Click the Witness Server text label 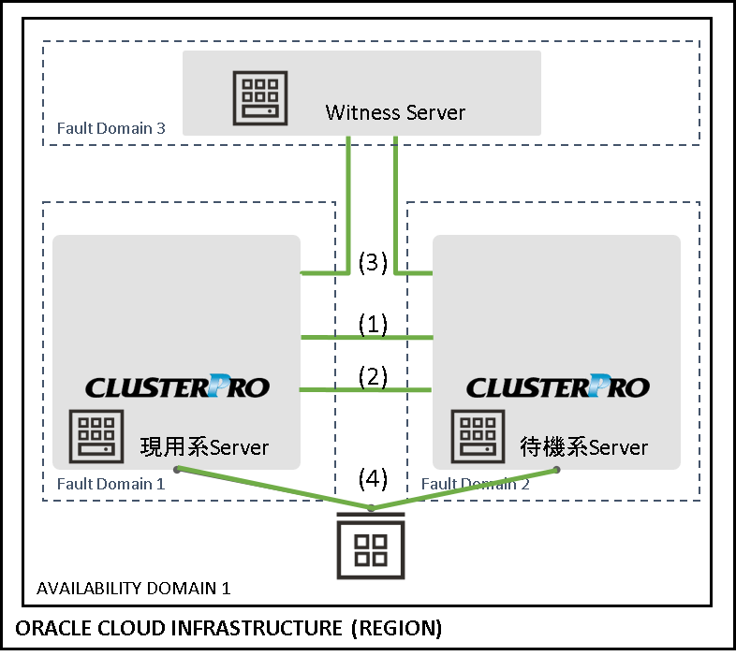pyautogui.click(x=395, y=113)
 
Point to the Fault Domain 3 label pyautogui.click(x=110, y=128)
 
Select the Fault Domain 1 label pyautogui.click(x=110, y=484)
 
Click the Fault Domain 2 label pyautogui.click(x=475, y=484)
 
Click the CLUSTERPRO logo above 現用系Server pyautogui.click(x=177, y=386)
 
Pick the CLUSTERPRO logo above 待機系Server pyautogui.click(x=557, y=386)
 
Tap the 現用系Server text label pyautogui.click(x=204, y=447)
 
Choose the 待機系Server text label pyautogui.click(x=583, y=447)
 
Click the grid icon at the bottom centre pyautogui.click(x=372, y=548)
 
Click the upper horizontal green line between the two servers pyautogui.click(x=366, y=337)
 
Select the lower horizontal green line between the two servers pyautogui.click(x=366, y=389)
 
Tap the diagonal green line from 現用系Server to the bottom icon pyautogui.click(x=272, y=488)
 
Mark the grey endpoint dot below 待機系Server pyautogui.click(x=557, y=469)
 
